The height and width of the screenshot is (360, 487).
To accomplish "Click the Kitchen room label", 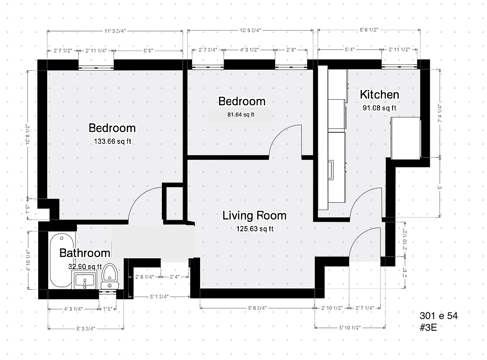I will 379,94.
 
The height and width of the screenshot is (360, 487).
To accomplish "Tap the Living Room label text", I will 254,216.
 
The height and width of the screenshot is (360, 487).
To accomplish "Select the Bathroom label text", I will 85,253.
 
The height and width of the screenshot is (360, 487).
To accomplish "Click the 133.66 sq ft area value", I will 112,141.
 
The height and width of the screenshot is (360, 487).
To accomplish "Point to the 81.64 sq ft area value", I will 241,114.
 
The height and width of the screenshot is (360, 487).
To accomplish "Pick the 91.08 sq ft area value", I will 379,108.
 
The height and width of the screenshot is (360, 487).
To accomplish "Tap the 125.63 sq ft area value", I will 255,229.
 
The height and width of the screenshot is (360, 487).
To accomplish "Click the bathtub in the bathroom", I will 59,261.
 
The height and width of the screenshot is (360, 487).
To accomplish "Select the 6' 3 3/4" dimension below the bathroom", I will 85,328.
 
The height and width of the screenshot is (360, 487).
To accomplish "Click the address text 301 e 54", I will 438,316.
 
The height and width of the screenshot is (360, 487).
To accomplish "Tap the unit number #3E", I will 428,327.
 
